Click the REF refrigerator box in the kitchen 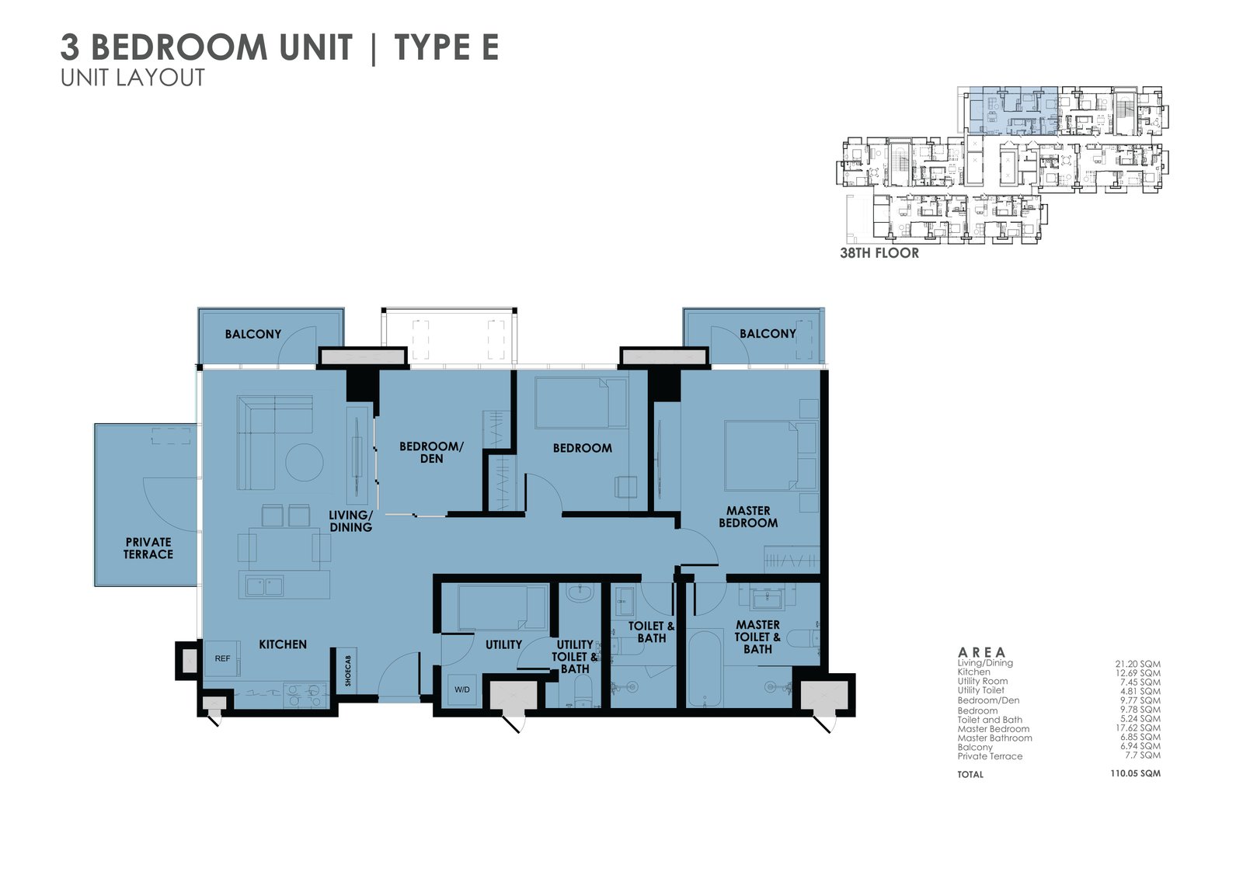point(222,658)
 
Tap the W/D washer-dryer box point(462,689)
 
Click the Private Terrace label point(148,548)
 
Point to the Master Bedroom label point(747,517)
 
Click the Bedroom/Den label point(431,453)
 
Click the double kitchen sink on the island point(265,585)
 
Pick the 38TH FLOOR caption point(879,253)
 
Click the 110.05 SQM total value point(1135,774)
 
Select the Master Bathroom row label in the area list point(994,738)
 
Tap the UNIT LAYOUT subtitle point(133,78)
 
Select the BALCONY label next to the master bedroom point(768,334)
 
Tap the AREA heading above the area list point(982,652)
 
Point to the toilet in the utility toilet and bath point(582,691)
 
